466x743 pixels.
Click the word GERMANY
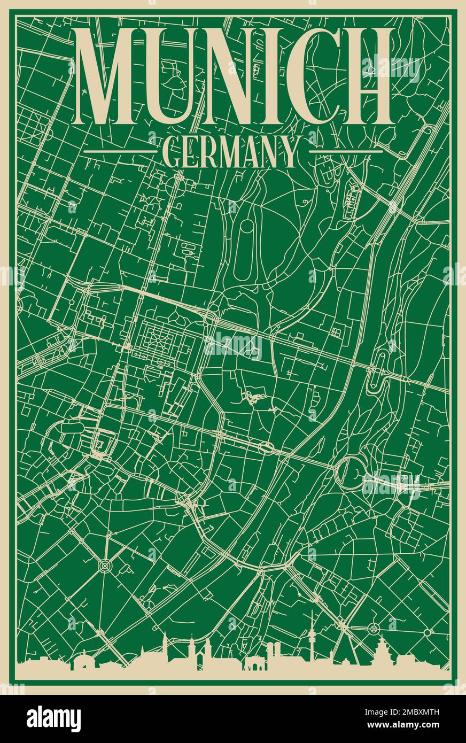231,152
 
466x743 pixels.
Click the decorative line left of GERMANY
120,151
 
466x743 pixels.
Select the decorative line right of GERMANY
346,151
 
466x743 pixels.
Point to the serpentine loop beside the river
380,369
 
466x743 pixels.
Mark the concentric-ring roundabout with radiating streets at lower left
104,564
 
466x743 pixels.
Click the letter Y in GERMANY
289,152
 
